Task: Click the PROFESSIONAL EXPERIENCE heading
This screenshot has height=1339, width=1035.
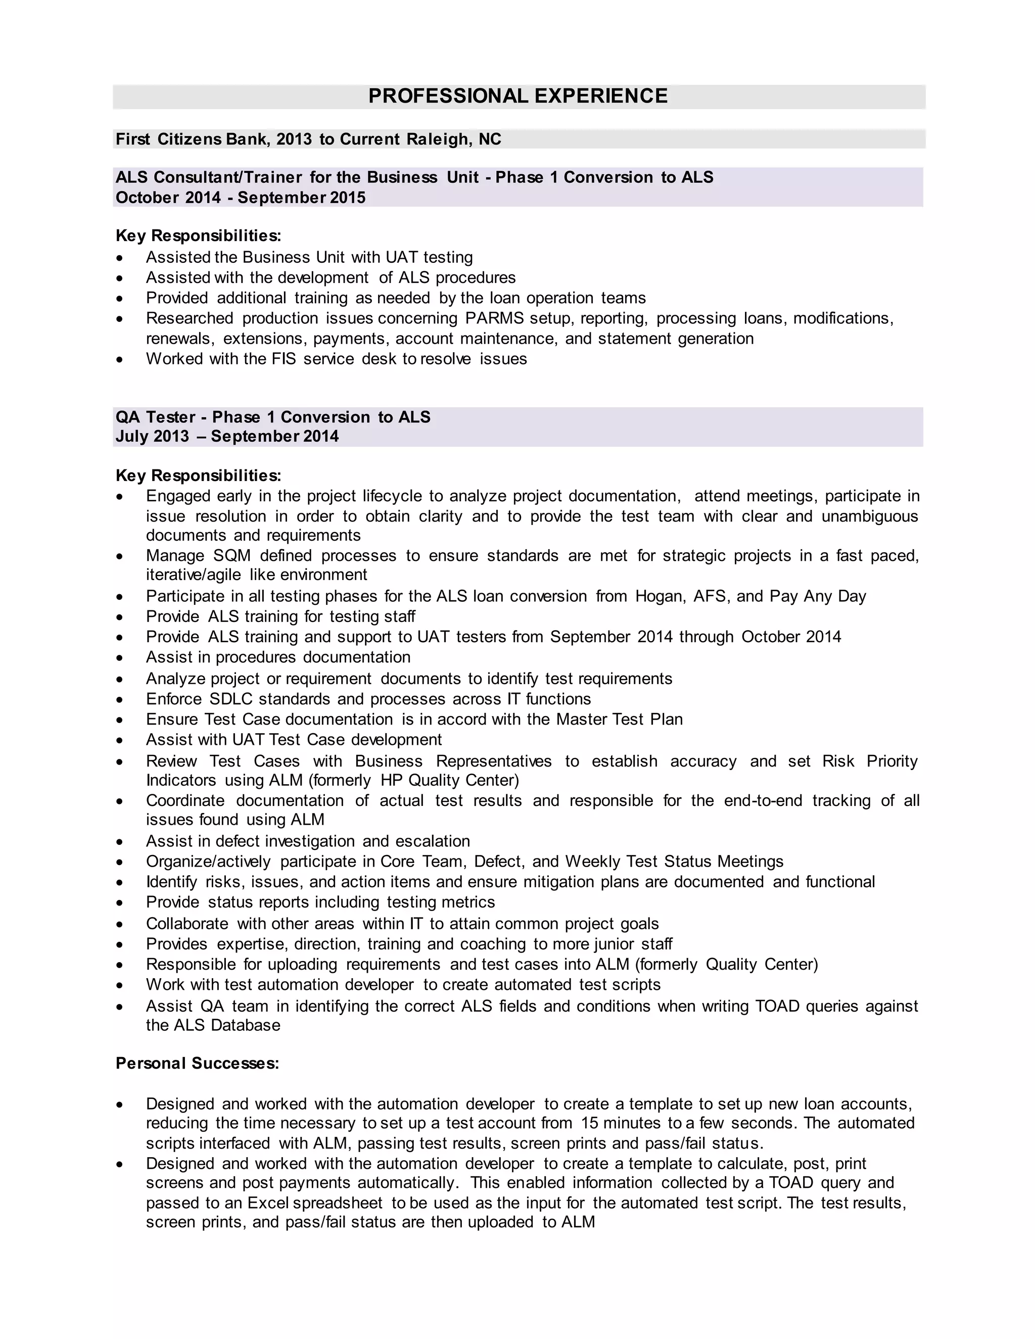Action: [517, 96]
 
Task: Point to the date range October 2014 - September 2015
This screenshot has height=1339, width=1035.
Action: [241, 198]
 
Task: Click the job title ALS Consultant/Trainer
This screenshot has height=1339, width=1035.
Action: [209, 177]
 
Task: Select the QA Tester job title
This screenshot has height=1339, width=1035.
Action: [156, 417]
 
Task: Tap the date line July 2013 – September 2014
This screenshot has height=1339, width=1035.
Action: [227, 437]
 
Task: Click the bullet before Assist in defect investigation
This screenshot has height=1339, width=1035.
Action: [120, 842]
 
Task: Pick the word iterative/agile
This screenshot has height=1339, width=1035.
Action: [193, 575]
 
